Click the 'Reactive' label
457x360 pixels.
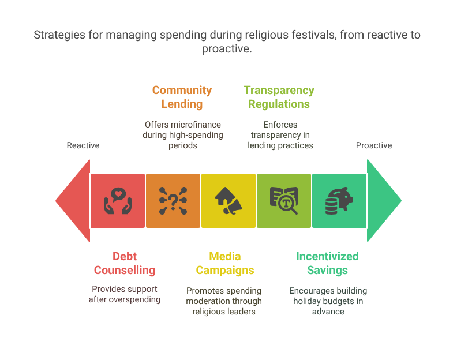83,145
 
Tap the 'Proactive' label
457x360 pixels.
373,145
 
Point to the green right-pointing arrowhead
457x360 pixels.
383,201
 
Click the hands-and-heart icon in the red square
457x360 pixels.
118,201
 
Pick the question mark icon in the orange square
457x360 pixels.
173,201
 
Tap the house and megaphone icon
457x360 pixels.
228,201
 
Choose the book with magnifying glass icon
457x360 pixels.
283,201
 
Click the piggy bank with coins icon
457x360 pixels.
339,201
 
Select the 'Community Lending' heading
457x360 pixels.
182,97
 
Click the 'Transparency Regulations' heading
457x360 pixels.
279,97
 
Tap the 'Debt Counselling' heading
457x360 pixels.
125,263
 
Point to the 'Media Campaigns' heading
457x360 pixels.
225,263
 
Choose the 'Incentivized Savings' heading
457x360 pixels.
327,263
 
